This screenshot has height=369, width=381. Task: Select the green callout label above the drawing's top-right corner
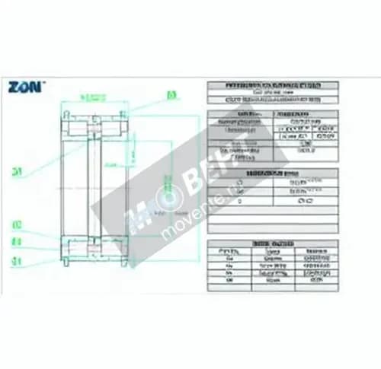coord(171,95)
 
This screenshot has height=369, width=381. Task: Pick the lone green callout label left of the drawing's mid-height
coord(15,171)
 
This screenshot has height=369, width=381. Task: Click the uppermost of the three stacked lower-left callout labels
coord(16,226)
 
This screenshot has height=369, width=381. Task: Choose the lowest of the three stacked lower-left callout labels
coord(16,260)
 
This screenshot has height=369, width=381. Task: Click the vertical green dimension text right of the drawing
coord(110,162)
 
